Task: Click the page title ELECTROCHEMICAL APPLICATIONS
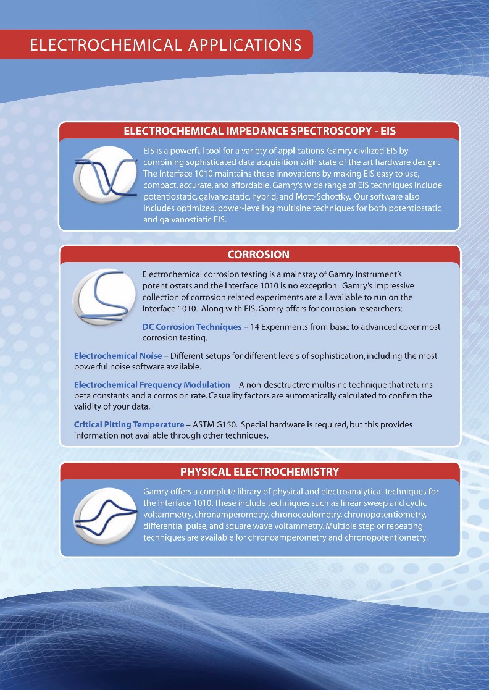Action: pyautogui.click(x=166, y=45)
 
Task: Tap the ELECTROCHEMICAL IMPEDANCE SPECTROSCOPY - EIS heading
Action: pyautogui.click(x=259, y=131)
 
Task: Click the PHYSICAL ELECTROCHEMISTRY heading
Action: pyautogui.click(x=259, y=471)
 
